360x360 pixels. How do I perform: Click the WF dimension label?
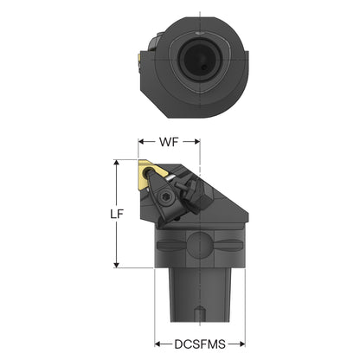tap(169, 142)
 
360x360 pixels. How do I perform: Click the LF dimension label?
tap(117, 214)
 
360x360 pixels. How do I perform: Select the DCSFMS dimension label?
tap(200, 344)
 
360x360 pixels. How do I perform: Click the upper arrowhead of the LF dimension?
tap(117, 163)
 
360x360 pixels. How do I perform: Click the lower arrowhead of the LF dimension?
tap(117, 265)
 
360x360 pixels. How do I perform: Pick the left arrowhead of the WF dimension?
tap(141, 141)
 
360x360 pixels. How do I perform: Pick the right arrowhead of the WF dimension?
tap(197, 141)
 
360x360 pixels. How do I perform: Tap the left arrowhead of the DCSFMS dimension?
tap(157, 344)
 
